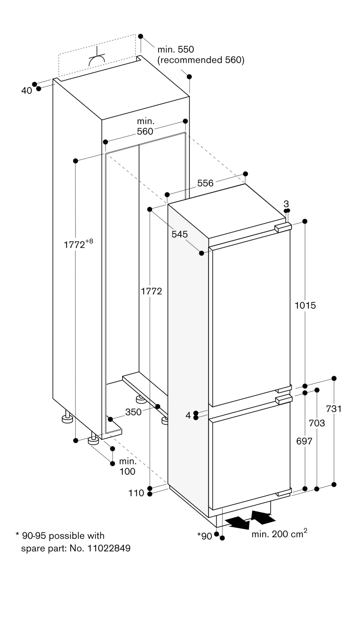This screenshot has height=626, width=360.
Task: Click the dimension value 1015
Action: tap(305, 305)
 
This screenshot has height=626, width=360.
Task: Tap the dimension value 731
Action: tap(333, 408)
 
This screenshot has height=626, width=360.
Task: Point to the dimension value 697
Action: tap(304, 441)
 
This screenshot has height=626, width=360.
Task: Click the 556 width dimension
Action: tap(205, 183)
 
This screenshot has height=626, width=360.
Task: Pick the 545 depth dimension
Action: tap(180, 234)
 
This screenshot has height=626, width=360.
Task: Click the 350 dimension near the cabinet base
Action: tap(133, 412)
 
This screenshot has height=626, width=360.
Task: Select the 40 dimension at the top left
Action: tap(27, 91)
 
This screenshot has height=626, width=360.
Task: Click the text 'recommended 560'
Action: tap(200, 60)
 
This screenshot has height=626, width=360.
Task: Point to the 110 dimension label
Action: tap(136, 493)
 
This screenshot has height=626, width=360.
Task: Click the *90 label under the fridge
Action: tap(205, 536)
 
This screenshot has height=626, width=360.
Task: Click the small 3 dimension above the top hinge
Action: tap(286, 204)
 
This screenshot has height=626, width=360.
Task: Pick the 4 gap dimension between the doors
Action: tap(188, 415)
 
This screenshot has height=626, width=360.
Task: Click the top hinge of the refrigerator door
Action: tap(283, 228)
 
